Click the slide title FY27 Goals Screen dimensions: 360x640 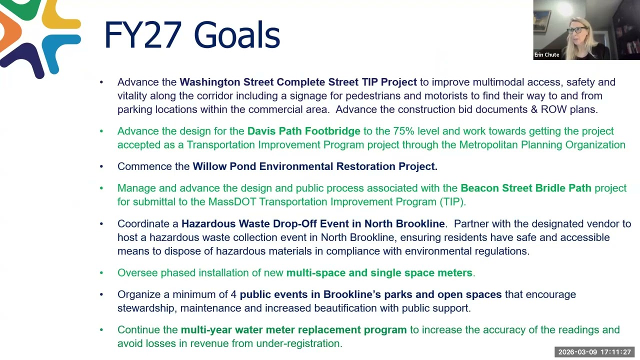click(x=191, y=35)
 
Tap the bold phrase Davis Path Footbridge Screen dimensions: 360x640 click(x=303, y=131)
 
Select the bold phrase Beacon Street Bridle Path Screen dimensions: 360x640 click(x=525, y=188)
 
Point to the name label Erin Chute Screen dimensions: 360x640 click(x=546, y=55)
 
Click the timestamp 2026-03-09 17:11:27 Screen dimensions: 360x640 click(x=594, y=352)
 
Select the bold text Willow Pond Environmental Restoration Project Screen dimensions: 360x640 click(x=315, y=166)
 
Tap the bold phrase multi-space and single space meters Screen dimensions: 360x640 click(x=379, y=273)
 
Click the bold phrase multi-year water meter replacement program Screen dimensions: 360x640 click(x=293, y=330)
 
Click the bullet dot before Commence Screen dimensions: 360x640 click(x=101, y=166)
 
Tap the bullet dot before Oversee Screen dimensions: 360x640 click(x=101, y=273)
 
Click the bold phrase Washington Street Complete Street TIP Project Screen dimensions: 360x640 click(x=298, y=82)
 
